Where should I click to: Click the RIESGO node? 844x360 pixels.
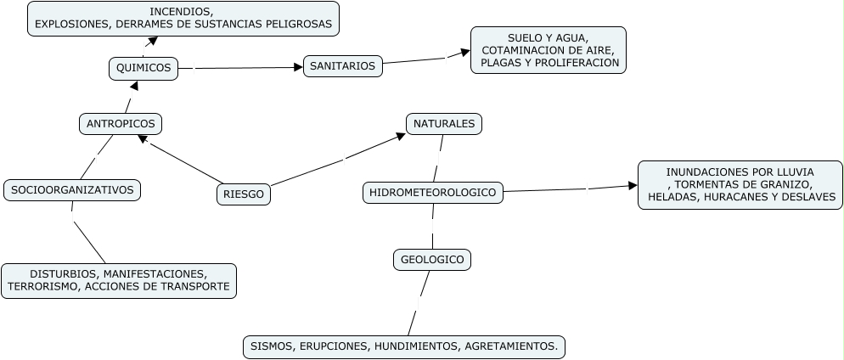click(x=244, y=194)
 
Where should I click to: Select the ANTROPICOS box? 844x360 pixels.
click(x=121, y=124)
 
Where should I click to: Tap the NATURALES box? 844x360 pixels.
click(x=444, y=124)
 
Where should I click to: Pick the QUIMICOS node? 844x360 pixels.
click(x=143, y=68)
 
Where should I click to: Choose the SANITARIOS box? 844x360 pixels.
click(x=342, y=66)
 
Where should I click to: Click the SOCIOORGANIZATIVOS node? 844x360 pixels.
click(x=72, y=190)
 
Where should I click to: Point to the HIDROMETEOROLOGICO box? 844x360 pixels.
click(x=432, y=193)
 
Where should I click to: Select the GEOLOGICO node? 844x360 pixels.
click(x=432, y=260)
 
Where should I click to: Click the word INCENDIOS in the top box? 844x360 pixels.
click(x=182, y=12)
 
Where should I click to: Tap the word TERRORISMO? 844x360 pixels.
click(x=42, y=287)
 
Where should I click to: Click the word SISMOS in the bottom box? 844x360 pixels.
click(x=269, y=346)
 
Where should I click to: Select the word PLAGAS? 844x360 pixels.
click(x=502, y=63)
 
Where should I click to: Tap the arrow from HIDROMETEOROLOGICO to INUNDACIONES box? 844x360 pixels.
click(x=569, y=188)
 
